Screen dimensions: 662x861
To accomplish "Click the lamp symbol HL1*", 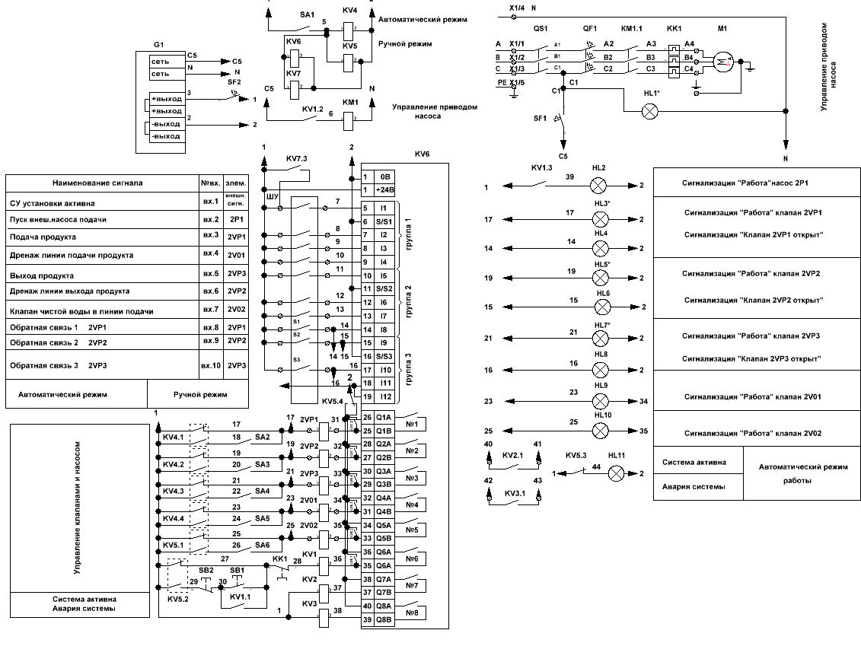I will (x=649, y=111).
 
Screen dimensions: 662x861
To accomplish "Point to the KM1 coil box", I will (x=351, y=120).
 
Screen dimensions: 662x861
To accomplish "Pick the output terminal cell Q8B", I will (x=383, y=619).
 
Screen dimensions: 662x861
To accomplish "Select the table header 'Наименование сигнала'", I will (x=97, y=183).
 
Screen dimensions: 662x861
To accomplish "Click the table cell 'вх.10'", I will (x=211, y=366).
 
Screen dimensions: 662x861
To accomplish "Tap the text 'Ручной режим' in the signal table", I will (x=200, y=395).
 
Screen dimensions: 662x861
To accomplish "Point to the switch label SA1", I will (x=307, y=14).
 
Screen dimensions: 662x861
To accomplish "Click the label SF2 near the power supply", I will (x=234, y=82).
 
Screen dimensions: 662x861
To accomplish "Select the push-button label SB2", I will (x=206, y=570).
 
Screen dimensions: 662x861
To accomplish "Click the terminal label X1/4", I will (x=515, y=7).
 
